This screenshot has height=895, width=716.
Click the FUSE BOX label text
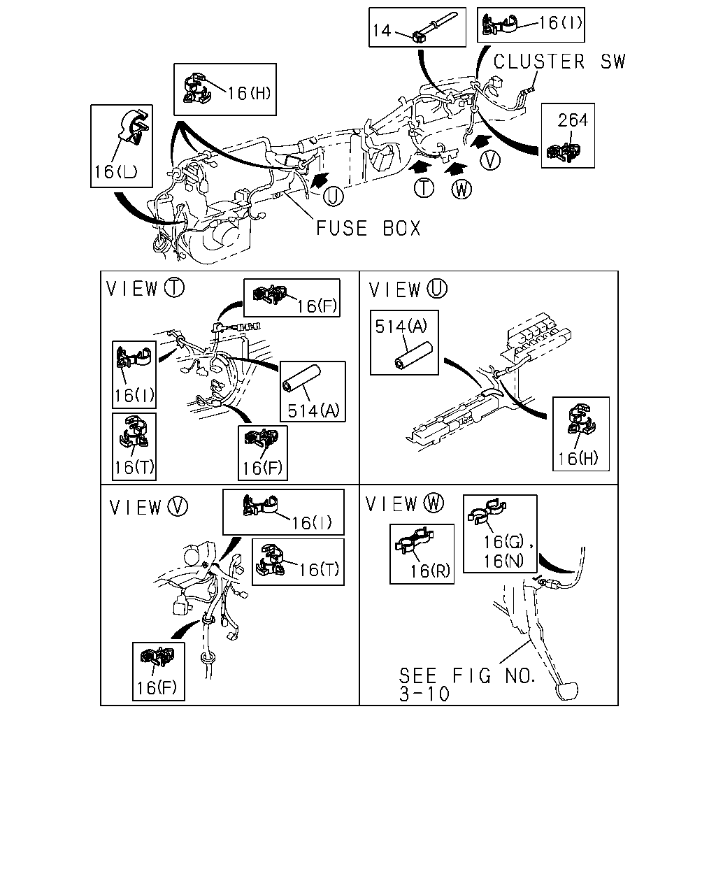tap(368, 229)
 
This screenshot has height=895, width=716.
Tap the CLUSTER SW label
tap(559, 62)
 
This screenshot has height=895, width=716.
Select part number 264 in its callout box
tap(573, 120)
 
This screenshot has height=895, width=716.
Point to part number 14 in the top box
tap(382, 30)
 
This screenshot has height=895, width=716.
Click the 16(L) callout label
tap(115, 171)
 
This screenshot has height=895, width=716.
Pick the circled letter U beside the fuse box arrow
tap(334, 196)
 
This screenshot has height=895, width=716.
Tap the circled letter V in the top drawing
tap(490, 160)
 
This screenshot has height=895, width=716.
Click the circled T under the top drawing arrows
tap(424, 188)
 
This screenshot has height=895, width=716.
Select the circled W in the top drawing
tap(461, 189)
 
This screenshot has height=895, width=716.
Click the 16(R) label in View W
tap(430, 571)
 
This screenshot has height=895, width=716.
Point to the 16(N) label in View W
tap(503, 561)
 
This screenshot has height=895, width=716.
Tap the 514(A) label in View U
tap(401, 327)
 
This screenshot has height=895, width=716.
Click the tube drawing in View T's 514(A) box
tap(301, 378)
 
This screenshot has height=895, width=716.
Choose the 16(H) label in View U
tap(578, 458)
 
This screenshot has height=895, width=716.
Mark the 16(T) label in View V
tap(319, 569)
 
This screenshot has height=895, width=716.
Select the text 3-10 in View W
tap(424, 694)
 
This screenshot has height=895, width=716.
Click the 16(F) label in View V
tap(157, 687)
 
